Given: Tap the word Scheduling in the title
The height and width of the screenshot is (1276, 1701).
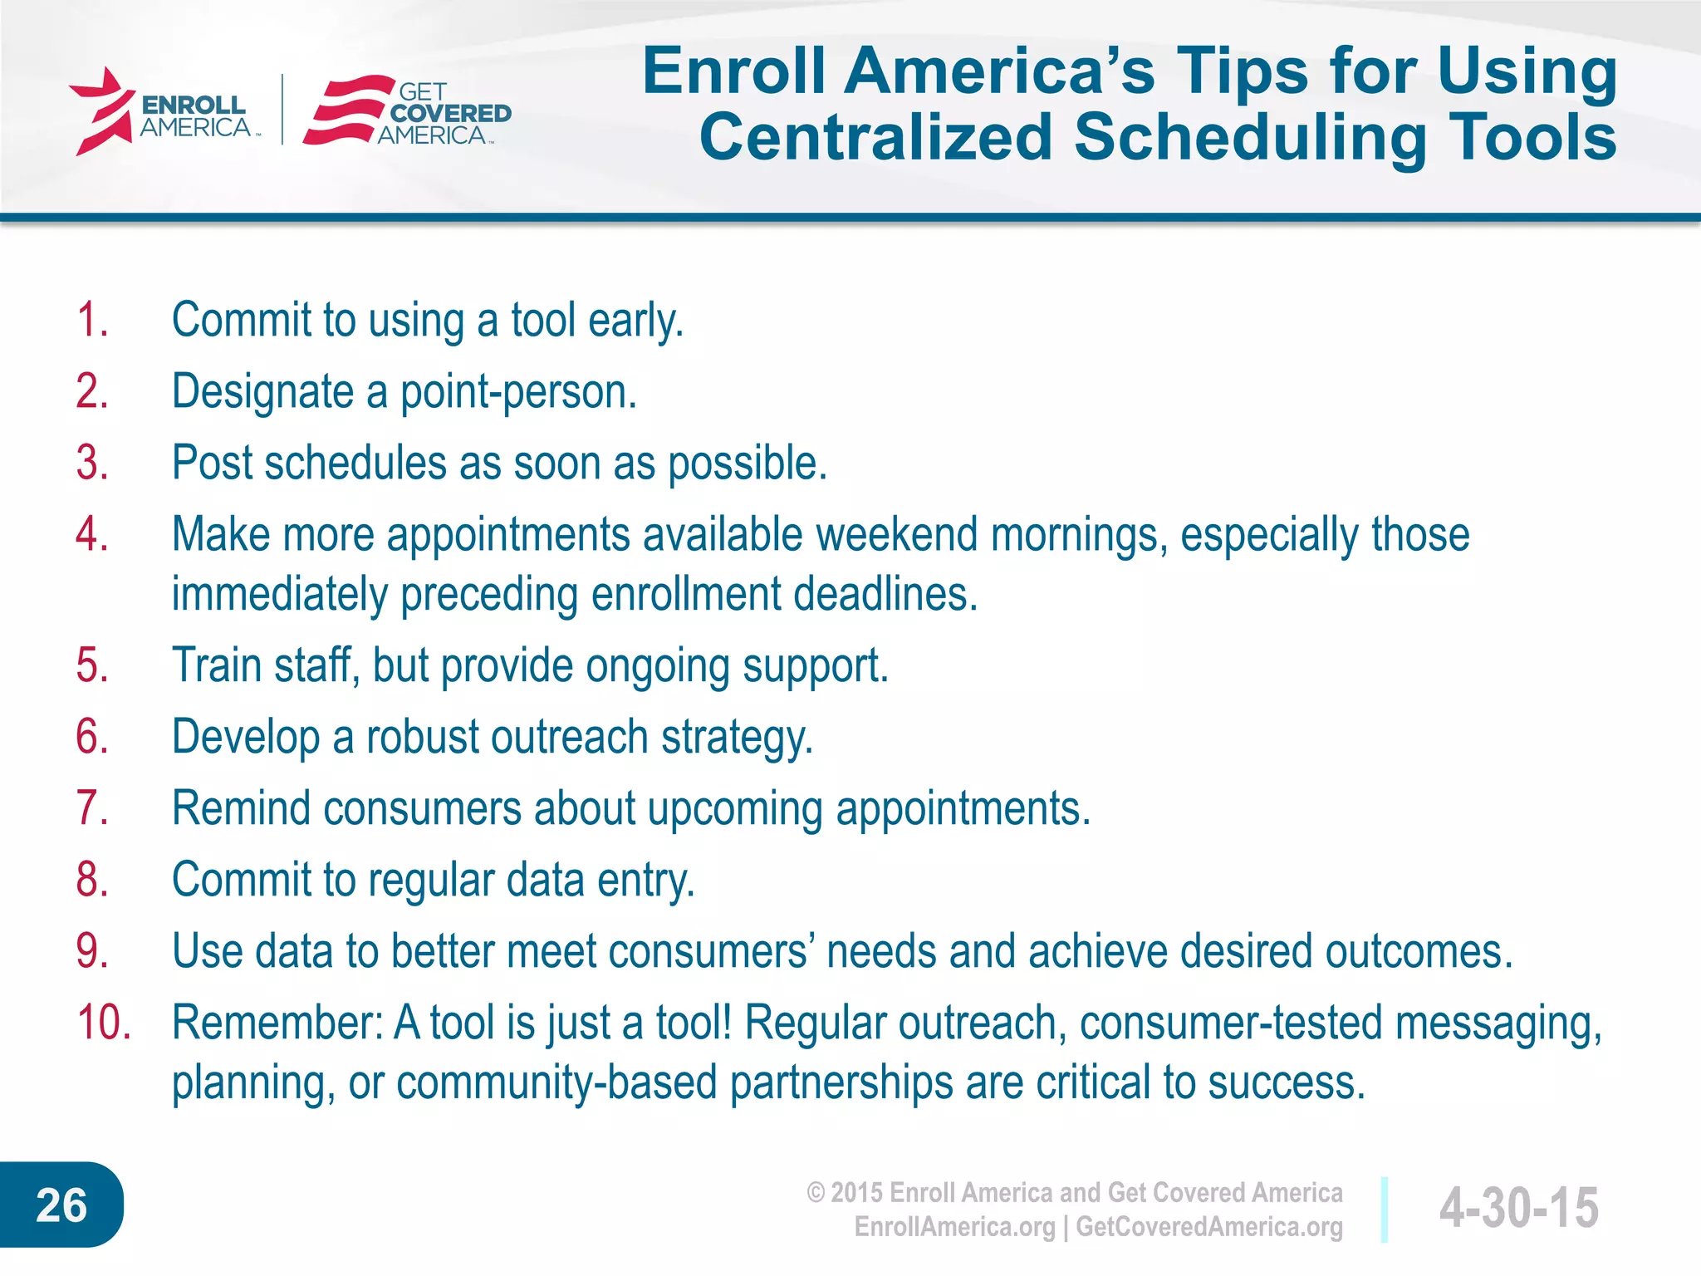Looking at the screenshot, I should click(x=1251, y=138).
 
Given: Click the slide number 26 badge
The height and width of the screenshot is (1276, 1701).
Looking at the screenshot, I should click(x=61, y=1205).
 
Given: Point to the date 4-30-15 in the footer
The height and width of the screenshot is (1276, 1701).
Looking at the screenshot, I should click(x=1518, y=1207).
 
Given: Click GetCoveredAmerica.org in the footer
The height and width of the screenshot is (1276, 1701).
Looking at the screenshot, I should click(x=1209, y=1227).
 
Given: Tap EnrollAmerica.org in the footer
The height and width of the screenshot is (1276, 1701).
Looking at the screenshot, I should click(x=954, y=1227).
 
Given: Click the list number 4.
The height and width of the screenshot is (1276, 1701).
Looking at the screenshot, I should click(x=91, y=534).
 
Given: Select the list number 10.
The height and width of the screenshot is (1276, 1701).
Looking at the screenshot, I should click(x=104, y=1023).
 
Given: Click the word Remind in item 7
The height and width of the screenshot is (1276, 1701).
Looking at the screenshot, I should click(x=241, y=808).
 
